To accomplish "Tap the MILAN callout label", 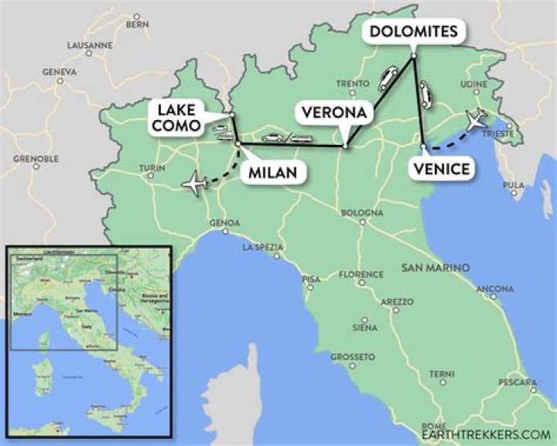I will [x=272, y=172].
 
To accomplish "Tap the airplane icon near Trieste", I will [x=477, y=121].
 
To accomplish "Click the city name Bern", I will [x=137, y=24].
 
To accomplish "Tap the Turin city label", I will [x=152, y=167].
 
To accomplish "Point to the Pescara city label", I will [x=518, y=383].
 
